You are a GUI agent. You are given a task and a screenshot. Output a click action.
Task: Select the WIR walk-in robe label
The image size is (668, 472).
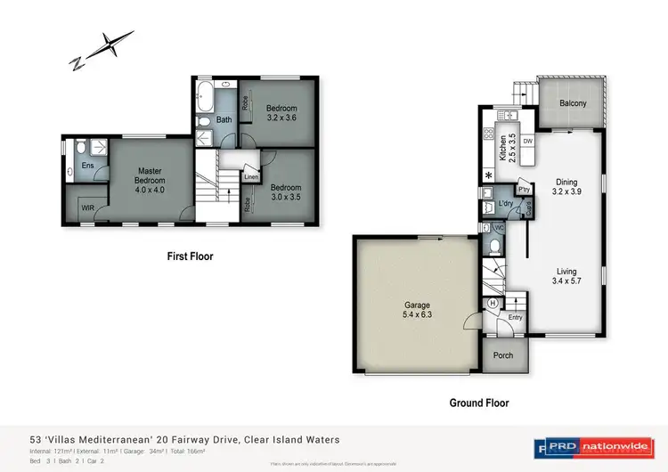pyautogui.click(x=88, y=209)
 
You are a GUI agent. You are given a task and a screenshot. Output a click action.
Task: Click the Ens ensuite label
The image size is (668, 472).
pyautogui.click(x=88, y=165)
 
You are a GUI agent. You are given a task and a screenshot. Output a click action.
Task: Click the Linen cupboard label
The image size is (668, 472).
pyautogui.click(x=251, y=176)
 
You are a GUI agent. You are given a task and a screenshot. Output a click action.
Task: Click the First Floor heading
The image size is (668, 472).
pyautogui.click(x=190, y=256)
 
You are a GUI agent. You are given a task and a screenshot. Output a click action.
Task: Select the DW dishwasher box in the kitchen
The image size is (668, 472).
pyautogui.click(x=527, y=142)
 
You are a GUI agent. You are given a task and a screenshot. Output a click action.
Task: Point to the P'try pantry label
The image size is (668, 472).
pyautogui.click(x=525, y=190)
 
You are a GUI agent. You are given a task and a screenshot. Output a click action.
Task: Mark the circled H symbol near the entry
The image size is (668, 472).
pyautogui.click(x=493, y=304)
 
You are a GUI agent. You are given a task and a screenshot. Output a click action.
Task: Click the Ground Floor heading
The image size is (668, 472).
pyautogui.click(x=479, y=403)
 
